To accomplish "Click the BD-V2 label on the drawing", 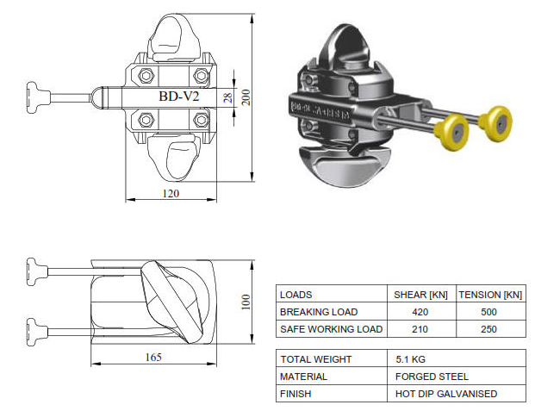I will [x=179, y=97].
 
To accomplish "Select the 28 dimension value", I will [x=227, y=97].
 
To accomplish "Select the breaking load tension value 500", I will [x=489, y=312].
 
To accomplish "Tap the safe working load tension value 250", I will [x=489, y=329].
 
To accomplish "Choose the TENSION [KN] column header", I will [x=489, y=295].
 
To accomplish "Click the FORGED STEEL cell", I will [x=431, y=376].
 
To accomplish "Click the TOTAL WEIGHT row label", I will [x=314, y=358].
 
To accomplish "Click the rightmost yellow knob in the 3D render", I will [x=498, y=121].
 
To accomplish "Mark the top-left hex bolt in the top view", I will [x=142, y=74].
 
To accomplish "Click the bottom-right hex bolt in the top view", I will [x=202, y=119].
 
